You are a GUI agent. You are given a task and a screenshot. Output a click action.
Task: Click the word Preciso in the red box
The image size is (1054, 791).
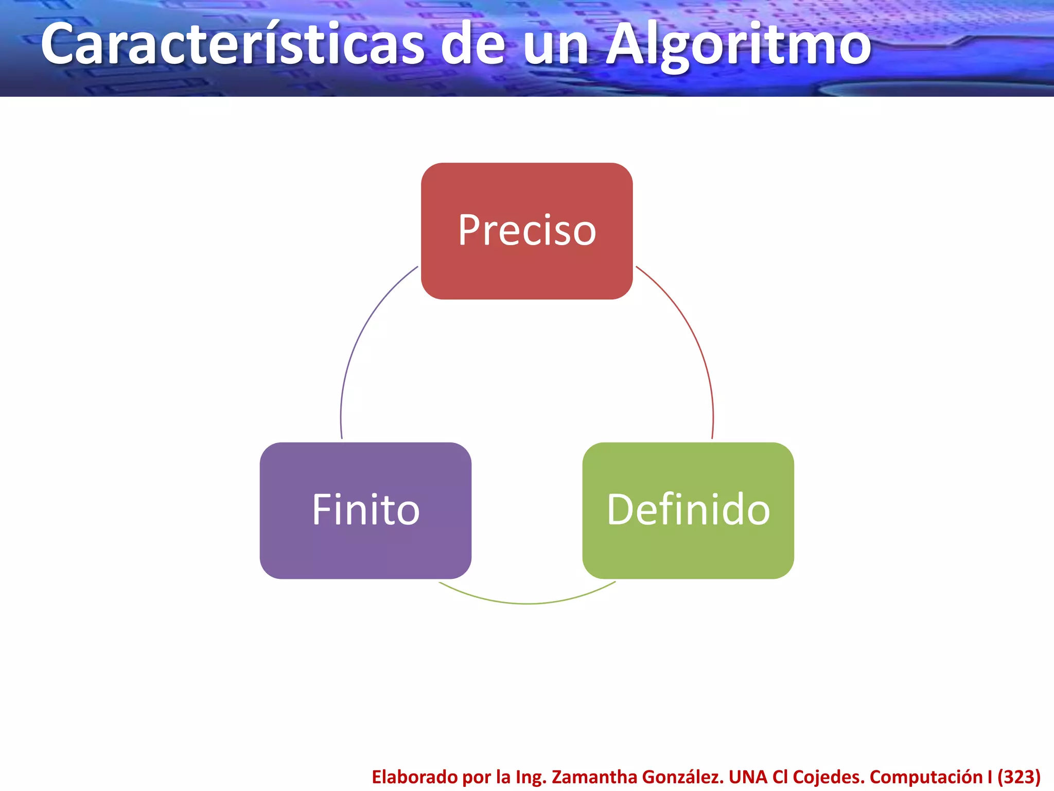527,230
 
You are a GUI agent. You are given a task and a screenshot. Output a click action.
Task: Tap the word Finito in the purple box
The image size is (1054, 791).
366,510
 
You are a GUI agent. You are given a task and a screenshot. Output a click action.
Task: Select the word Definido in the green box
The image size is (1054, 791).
688,510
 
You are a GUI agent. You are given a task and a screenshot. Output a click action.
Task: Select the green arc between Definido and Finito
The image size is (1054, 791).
527,603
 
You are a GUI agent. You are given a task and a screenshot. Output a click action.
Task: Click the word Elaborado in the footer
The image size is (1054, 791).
414,777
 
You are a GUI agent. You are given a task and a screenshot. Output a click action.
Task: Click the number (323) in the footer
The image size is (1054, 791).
1019,777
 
